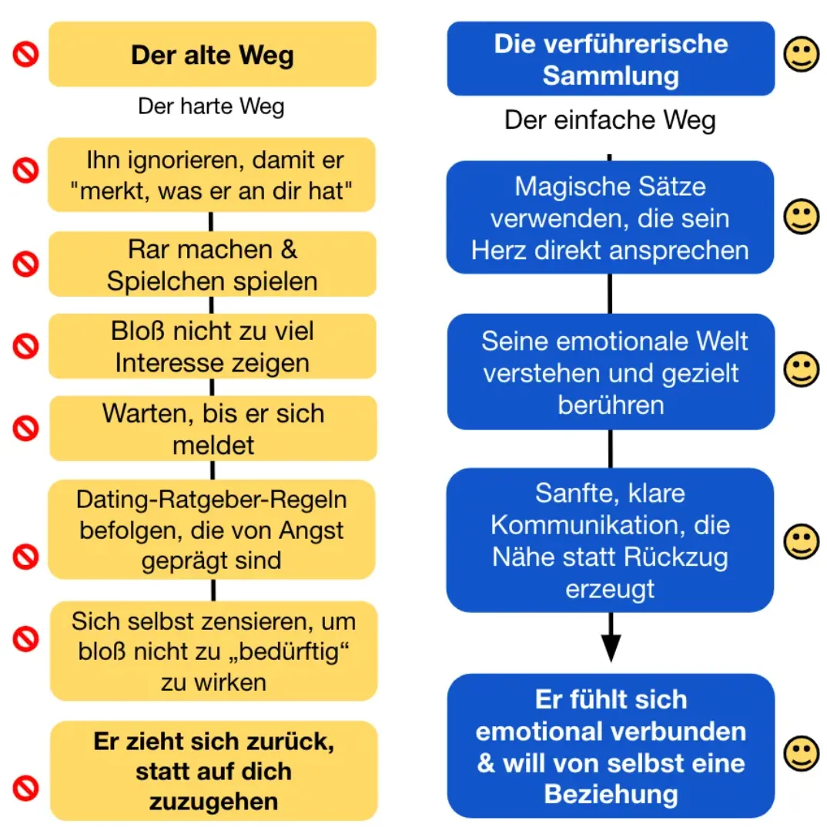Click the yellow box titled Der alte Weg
coord(213,54)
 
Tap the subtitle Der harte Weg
coord(211,106)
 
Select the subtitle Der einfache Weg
coord(610,120)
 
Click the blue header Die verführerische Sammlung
coord(611,59)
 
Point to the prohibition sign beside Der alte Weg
coord(26,54)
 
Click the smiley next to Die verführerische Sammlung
coord(801,54)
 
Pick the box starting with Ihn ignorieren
coord(212,175)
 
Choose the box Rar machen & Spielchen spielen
coord(213,264)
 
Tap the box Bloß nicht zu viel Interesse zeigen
coord(213,346)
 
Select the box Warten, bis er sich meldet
coord(213,429)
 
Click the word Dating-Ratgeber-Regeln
coord(211,500)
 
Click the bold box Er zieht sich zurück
coord(214,771)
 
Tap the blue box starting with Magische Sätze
coord(610,217)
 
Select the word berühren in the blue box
coord(611,405)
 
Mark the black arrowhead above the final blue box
coord(611,648)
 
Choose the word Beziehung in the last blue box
coord(611,795)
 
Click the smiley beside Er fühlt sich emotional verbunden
coord(801,753)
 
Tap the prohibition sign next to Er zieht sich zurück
coord(26,788)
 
